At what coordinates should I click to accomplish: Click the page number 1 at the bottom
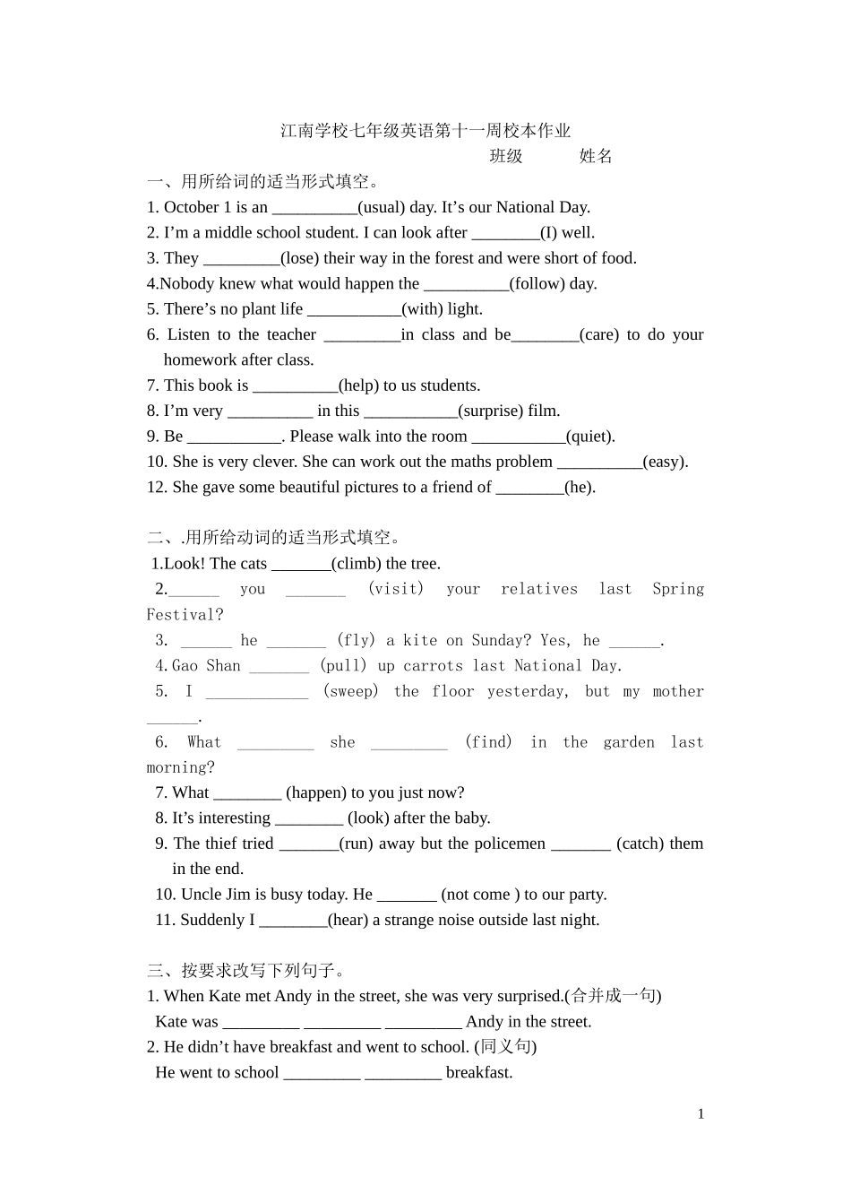coord(701,1114)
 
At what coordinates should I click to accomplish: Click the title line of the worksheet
coord(425,131)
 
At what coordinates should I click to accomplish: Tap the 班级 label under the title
coord(506,156)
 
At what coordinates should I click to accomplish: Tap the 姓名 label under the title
coord(596,156)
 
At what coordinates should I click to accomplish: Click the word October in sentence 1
coord(192,207)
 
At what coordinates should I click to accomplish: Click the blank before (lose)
coord(242,259)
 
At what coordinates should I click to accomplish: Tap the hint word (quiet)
coord(590,437)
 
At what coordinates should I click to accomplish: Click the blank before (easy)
coord(599,463)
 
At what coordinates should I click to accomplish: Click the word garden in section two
coord(629,742)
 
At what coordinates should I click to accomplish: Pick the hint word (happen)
coord(316,793)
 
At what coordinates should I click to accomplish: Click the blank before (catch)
coord(580,844)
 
